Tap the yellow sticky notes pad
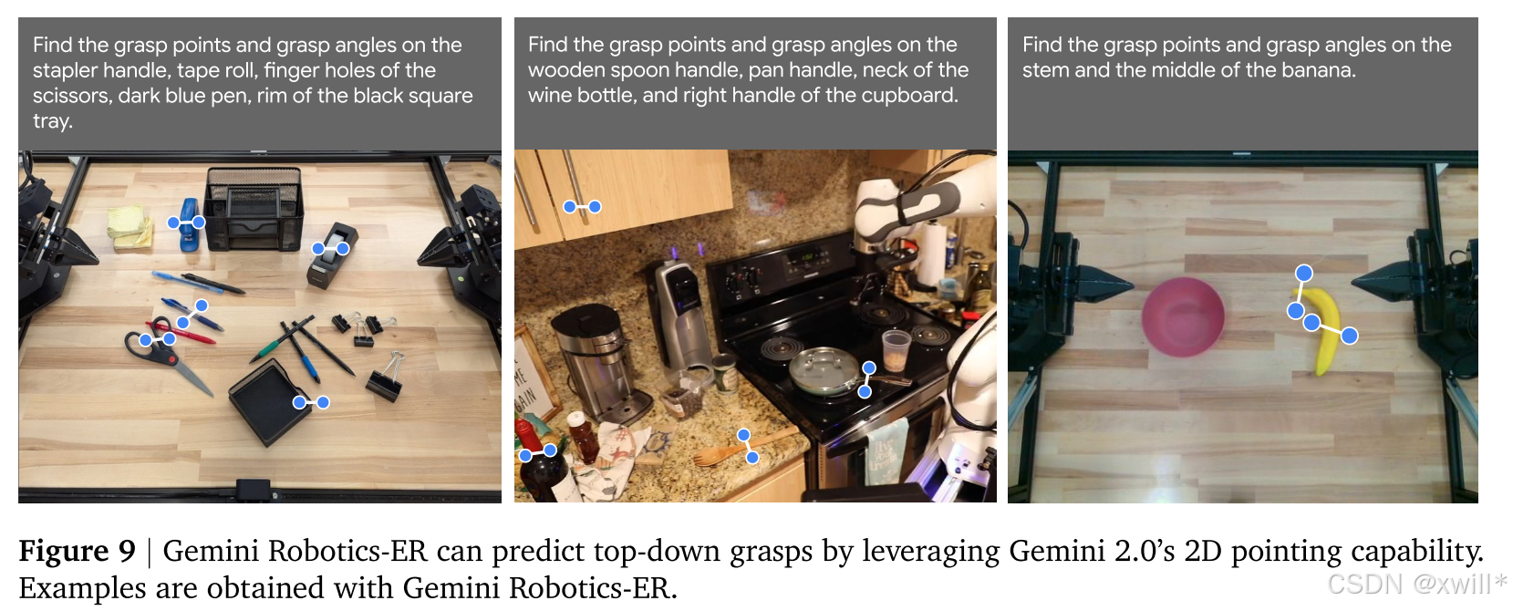pyautogui.click(x=130, y=227)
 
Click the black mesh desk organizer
pyautogui.click(x=254, y=209)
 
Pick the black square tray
pyautogui.click(x=270, y=401)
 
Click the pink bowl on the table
pyautogui.click(x=1183, y=317)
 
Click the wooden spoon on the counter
pyautogui.click(x=743, y=448)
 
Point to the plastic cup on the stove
pyautogui.click(x=896, y=350)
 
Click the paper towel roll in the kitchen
pyautogui.click(x=934, y=254)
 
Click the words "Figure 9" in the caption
pyautogui.click(x=77, y=551)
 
